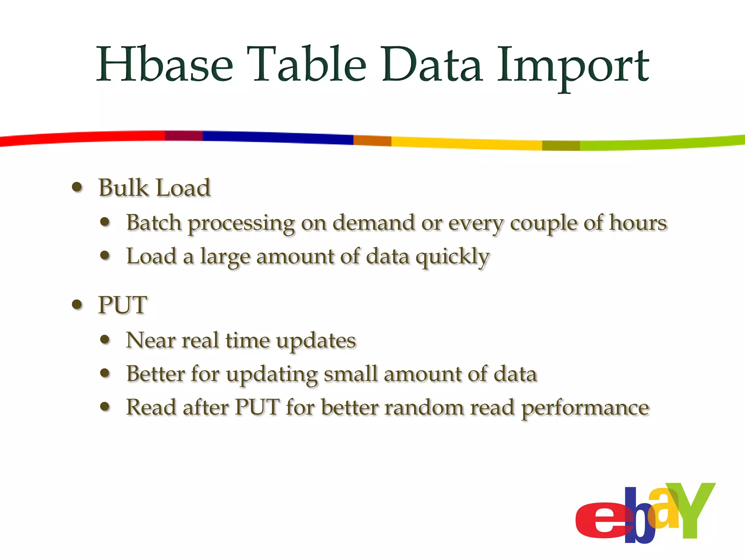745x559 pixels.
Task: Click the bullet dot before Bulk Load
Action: point(77,187)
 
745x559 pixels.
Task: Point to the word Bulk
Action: point(123,188)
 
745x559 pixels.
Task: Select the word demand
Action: point(374,222)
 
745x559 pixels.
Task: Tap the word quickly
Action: point(453,257)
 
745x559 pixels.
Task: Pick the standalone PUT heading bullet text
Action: point(123,305)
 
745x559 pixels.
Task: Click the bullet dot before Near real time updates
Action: point(105,340)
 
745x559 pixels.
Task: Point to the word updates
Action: point(316,341)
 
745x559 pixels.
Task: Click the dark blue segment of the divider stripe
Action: point(276,138)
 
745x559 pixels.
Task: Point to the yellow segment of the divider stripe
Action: point(466,143)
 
